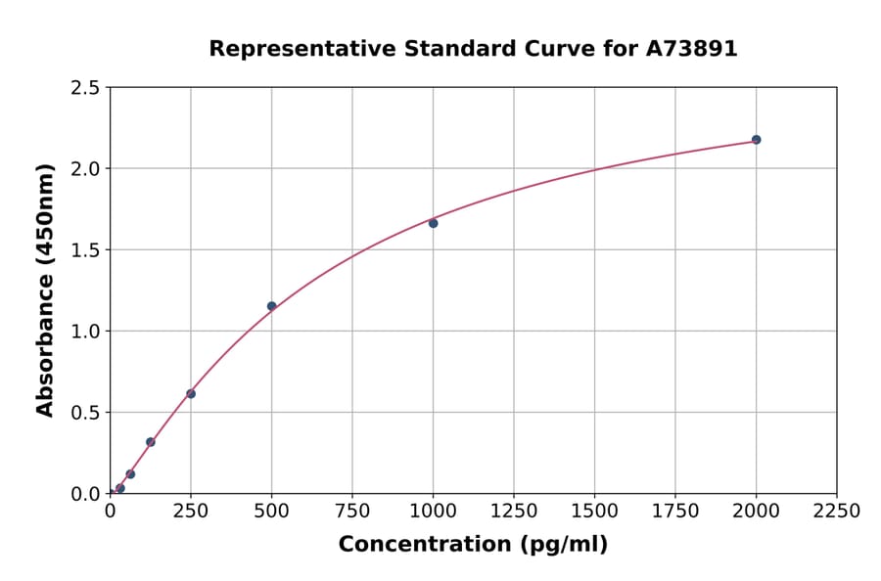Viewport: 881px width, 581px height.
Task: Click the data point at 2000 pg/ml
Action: (x=756, y=140)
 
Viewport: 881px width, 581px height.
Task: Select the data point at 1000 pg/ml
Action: (x=433, y=223)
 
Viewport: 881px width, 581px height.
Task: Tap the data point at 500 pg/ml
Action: (x=271, y=306)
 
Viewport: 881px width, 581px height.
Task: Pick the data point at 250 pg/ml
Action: (x=191, y=394)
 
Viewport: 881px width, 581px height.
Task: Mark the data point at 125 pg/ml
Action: (x=150, y=442)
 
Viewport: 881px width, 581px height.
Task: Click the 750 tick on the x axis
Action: (x=352, y=511)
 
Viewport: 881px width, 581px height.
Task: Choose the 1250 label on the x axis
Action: (x=514, y=511)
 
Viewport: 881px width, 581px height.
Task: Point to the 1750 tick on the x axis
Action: (x=675, y=511)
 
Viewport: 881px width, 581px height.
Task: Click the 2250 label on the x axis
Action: (x=837, y=511)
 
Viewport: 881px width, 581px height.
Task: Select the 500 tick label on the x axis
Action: (x=271, y=511)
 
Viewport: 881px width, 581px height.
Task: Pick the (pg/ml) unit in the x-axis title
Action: (x=565, y=545)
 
